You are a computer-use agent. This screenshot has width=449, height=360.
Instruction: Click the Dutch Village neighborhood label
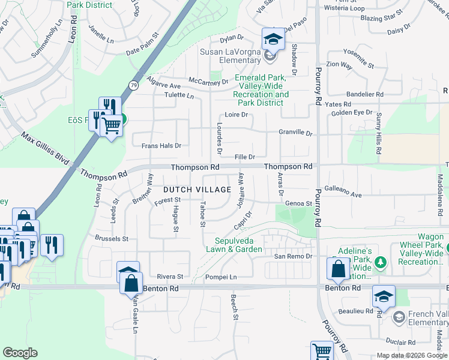197,190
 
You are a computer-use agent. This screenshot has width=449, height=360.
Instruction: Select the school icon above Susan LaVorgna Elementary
273,40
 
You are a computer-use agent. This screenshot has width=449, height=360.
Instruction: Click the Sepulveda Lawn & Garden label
234,245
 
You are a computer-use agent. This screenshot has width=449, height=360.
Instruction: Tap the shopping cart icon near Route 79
112,126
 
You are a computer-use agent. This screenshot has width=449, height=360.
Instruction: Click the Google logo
20,353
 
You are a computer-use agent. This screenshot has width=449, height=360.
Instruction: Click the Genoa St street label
298,203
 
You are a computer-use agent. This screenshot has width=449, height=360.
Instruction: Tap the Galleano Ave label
343,195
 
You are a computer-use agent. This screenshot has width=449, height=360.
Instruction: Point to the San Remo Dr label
294,256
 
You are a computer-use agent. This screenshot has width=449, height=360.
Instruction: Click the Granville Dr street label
295,133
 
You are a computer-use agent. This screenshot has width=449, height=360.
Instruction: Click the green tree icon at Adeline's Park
379,262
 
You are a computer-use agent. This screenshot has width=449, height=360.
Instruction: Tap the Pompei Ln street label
221,277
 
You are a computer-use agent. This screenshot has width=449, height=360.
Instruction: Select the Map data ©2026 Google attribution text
411,355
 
